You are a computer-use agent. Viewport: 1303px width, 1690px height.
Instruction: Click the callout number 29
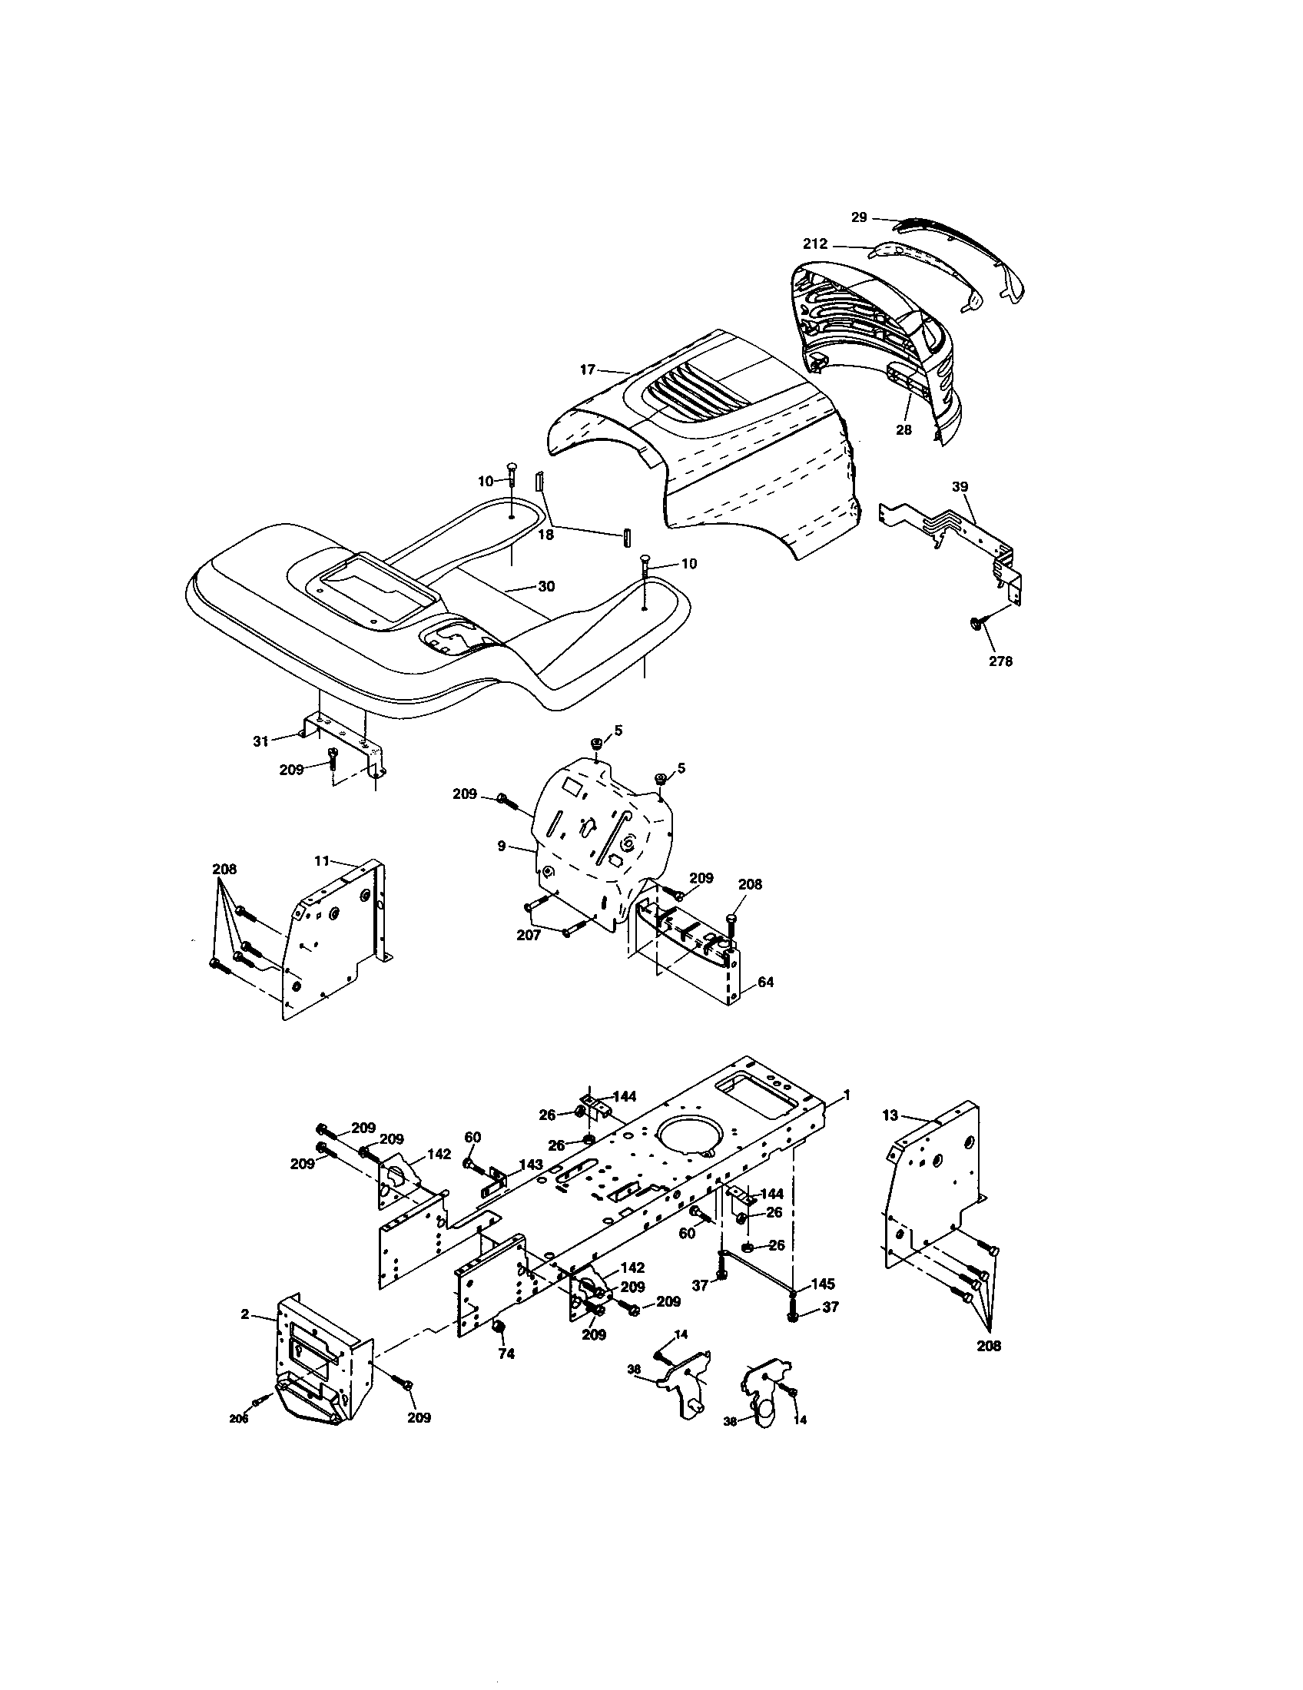point(859,217)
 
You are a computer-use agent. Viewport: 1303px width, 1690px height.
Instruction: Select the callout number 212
point(816,244)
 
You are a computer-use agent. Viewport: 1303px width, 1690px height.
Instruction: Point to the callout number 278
point(1000,661)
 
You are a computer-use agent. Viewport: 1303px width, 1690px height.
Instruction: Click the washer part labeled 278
point(976,623)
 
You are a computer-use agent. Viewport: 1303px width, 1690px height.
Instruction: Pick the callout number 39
point(960,487)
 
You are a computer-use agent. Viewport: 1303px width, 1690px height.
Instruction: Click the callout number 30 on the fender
point(546,587)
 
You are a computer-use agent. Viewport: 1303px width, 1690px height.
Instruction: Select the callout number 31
point(260,741)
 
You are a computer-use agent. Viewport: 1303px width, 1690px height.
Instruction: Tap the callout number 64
point(765,982)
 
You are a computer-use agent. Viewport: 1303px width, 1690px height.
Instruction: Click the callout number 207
point(529,936)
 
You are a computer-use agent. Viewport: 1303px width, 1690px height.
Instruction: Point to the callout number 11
point(322,860)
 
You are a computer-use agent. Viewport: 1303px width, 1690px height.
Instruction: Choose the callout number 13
point(890,1115)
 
